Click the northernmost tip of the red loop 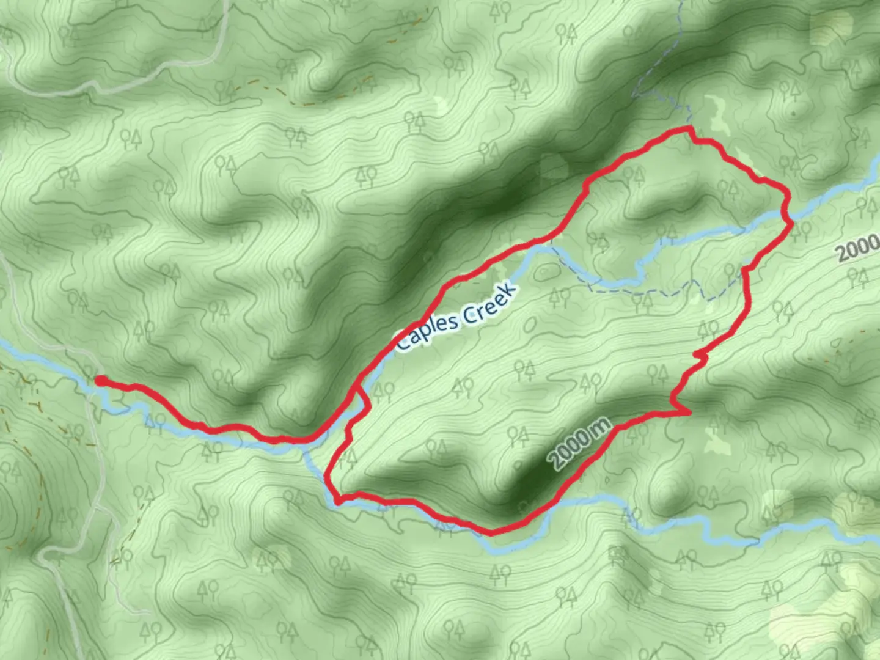click(x=689, y=128)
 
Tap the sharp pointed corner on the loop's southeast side click(x=689, y=413)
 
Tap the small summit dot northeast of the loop click(x=793, y=113)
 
